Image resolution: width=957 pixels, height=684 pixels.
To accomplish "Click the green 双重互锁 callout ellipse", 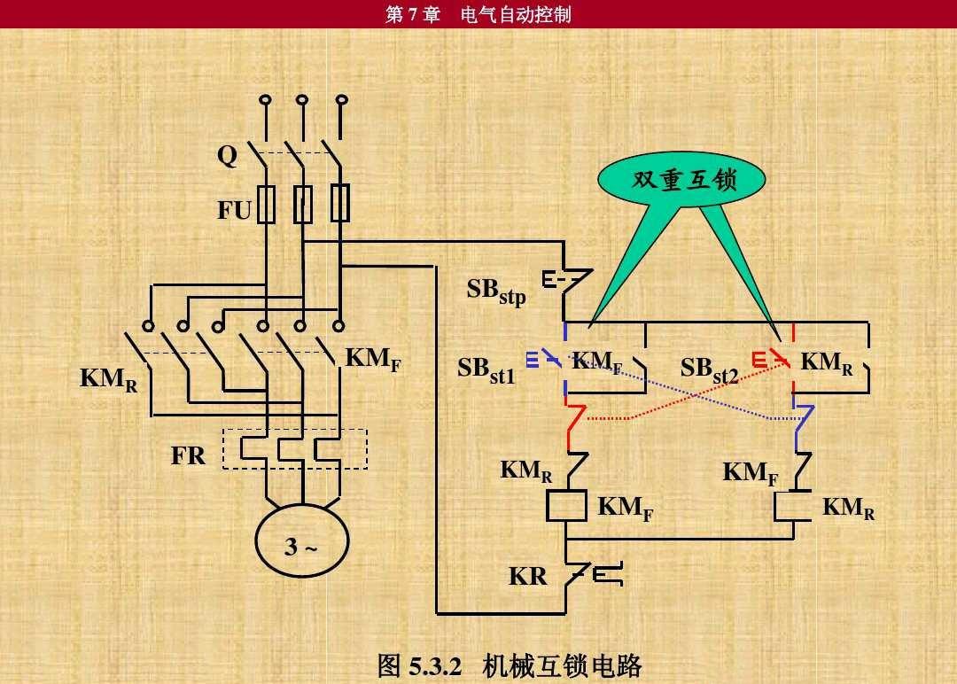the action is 681,179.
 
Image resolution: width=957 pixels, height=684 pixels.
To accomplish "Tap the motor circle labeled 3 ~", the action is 301,540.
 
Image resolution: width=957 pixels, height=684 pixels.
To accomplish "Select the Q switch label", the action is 227,156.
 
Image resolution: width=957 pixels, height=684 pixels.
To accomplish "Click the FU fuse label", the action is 234,210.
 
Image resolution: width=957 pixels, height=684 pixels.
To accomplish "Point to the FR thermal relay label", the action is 188,455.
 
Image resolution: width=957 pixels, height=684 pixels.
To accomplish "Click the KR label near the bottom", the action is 528,576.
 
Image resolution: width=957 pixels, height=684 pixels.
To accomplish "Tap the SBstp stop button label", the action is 496,291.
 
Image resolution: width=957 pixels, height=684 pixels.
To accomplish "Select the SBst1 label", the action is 486,370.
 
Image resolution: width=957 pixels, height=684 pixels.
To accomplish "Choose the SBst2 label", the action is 709,370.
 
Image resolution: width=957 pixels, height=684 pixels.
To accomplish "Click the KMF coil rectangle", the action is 566,505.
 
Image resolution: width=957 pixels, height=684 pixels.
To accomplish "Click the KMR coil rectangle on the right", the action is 793,507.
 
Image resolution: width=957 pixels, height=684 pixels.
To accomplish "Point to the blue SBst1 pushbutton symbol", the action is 543,360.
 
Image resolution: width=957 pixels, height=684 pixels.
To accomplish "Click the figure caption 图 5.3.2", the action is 419,665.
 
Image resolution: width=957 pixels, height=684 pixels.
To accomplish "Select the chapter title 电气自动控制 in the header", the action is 516,14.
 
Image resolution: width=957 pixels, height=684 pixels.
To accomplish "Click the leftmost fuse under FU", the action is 266,204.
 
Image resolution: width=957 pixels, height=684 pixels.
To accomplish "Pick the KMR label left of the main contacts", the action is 109,379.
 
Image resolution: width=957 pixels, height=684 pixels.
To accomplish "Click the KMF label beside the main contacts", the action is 373,359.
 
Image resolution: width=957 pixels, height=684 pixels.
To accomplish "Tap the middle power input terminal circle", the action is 301,99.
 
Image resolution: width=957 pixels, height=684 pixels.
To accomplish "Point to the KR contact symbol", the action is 593,574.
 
